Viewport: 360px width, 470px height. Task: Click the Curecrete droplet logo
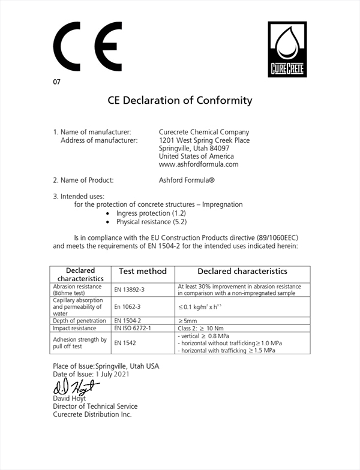coord(286,49)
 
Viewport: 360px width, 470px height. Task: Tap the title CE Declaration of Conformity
coord(179,100)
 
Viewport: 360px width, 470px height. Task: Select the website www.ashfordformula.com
coord(199,164)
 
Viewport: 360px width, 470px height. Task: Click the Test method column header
coord(143,272)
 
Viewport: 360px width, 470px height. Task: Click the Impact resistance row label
coord(75,329)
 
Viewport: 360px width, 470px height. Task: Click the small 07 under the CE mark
coord(57,82)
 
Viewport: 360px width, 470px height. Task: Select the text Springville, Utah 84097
coord(194,148)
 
